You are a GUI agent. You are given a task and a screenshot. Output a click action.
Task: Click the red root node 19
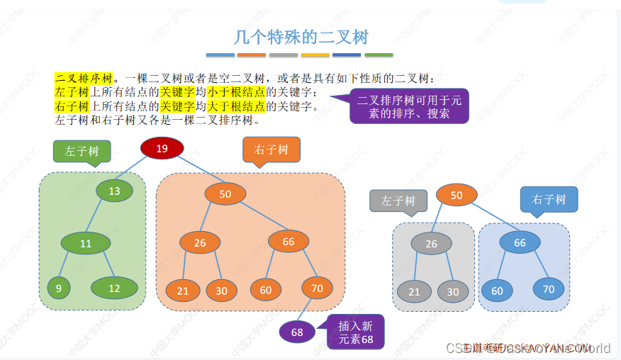162,149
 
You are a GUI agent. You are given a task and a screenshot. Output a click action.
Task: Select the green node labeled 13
114,191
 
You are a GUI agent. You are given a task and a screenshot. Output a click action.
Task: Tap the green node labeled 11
86,244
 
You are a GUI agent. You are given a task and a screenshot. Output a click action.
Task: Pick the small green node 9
59,288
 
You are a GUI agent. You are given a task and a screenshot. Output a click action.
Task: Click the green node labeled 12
114,288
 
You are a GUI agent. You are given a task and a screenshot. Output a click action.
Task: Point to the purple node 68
297,332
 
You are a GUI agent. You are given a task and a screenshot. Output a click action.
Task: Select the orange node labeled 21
183,291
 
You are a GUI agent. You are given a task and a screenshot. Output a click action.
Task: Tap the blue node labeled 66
520,243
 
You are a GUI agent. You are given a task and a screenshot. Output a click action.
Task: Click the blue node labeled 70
549,289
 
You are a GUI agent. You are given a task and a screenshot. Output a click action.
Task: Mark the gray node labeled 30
452,291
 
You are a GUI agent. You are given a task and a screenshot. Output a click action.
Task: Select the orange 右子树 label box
272,150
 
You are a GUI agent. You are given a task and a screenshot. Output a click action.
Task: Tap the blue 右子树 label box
549,199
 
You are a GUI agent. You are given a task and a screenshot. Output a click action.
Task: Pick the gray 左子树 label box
398,201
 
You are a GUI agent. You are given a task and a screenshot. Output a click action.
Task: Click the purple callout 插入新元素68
355,332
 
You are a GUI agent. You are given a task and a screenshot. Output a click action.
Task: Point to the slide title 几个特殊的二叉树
301,37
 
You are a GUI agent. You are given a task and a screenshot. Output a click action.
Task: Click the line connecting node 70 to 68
306,310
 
